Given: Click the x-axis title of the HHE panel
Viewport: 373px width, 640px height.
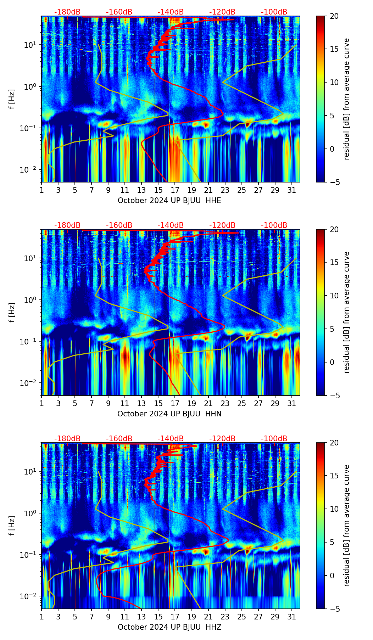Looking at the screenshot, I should (169, 201).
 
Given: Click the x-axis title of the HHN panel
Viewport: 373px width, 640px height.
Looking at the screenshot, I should (169, 414).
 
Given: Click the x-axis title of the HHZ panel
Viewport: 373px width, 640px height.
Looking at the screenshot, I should (169, 627).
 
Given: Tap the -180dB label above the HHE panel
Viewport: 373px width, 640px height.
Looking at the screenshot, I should (67, 12).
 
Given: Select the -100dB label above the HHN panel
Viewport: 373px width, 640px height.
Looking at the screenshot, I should (274, 225).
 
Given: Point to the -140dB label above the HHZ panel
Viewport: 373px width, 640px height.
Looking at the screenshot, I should (171, 439).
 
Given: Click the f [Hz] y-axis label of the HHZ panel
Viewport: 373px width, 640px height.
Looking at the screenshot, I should (12, 526).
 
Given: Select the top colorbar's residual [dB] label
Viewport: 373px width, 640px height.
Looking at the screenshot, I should (346, 99).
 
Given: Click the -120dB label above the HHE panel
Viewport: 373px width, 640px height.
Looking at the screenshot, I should (222, 12).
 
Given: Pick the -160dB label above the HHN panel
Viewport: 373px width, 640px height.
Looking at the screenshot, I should (119, 225).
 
